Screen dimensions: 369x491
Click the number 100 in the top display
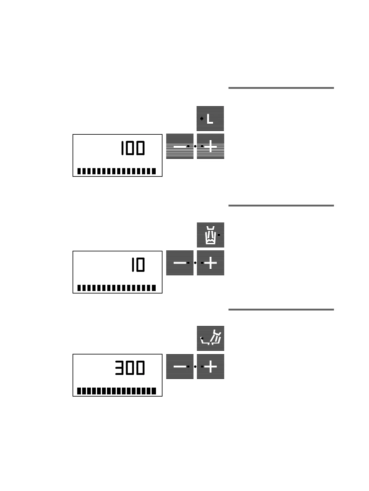pyautogui.click(x=133, y=148)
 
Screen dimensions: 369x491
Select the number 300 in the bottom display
pyautogui.click(x=130, y=368)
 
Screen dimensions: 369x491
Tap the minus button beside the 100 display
pyautogui.click(x=180, y=146)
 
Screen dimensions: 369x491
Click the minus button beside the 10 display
pyautogui.click(x=180, y=263)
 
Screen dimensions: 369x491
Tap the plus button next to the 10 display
pyautogui.click(x=211, y=263)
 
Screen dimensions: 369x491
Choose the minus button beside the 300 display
pyautogui.click(x=180, y=367)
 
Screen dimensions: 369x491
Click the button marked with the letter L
pyautogui.click(x=210, y=119)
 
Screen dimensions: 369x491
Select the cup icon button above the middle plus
pyautogui.click(x=210, y=235)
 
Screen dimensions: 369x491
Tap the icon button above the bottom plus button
pyautogui.click(x=210, y=338)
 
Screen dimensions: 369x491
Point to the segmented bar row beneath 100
pyautogui.click(x=117, y=171)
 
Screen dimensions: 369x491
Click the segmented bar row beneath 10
pyautogui.click(x=117, y=288)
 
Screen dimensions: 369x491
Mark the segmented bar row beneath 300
pyautogui.click(x=117, y=391)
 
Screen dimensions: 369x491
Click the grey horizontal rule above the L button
pyautogui.click(x=281, y=88)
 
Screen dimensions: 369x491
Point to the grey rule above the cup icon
pyautogui.click(x=281, y=206)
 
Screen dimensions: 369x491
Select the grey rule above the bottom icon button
pyautogui.click(x=281, y=310)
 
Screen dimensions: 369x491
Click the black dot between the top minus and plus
pyautogui.click(x=195, y=146)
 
